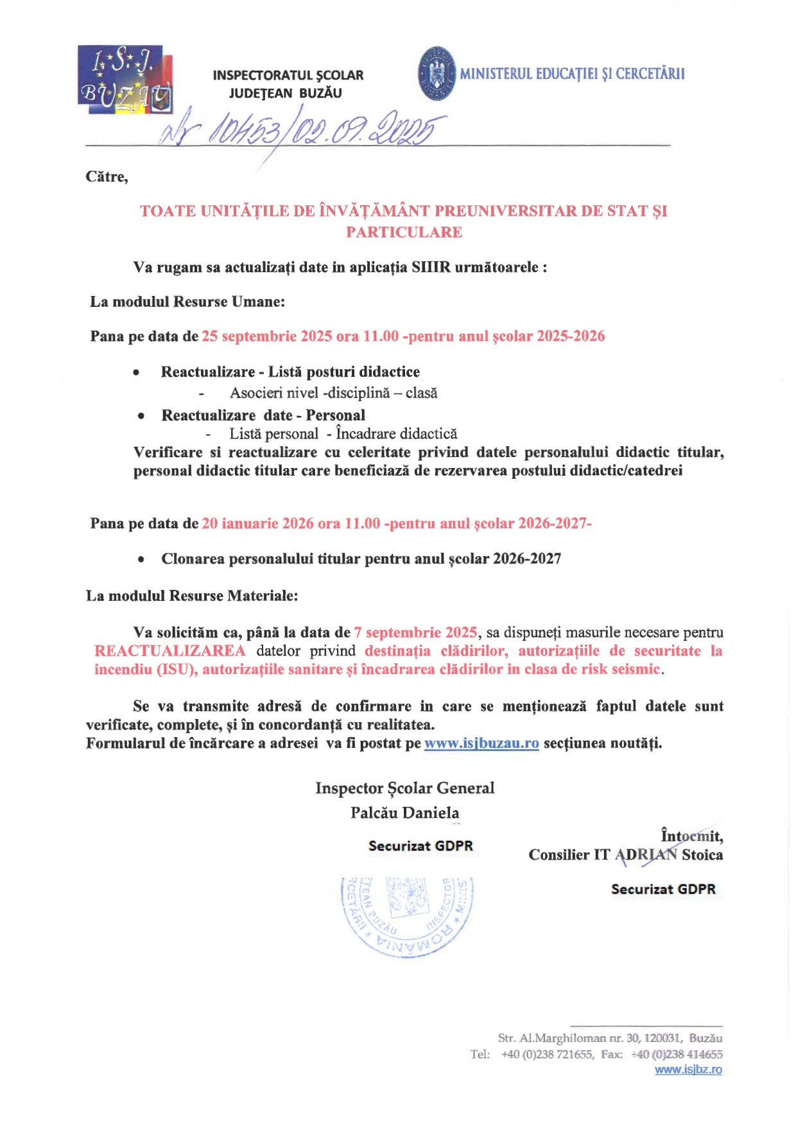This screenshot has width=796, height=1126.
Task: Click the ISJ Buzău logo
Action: point(125,80)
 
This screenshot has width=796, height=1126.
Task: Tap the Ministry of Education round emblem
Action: point(437,73)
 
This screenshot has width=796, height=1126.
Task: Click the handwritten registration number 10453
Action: point(247,130)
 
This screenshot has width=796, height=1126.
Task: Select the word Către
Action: point(107,177)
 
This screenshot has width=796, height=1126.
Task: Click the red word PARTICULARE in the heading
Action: point(404,232)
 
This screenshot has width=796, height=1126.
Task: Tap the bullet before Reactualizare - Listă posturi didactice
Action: point(136,372)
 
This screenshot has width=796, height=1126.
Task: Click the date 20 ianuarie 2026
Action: point(258,523)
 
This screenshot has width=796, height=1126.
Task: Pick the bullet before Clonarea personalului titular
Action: point(141,560)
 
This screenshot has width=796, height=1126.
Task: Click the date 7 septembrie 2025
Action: point(415,632)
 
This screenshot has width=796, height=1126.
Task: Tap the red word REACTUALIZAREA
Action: point(170,651)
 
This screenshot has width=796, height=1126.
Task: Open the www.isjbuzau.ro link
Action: point(481,743)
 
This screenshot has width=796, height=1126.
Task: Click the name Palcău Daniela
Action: point(404,813)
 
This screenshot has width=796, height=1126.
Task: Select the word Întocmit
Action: point(691,836)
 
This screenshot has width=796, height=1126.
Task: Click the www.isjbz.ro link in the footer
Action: point(688,1070)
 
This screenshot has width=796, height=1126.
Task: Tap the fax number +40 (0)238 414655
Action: point(677,1054)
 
